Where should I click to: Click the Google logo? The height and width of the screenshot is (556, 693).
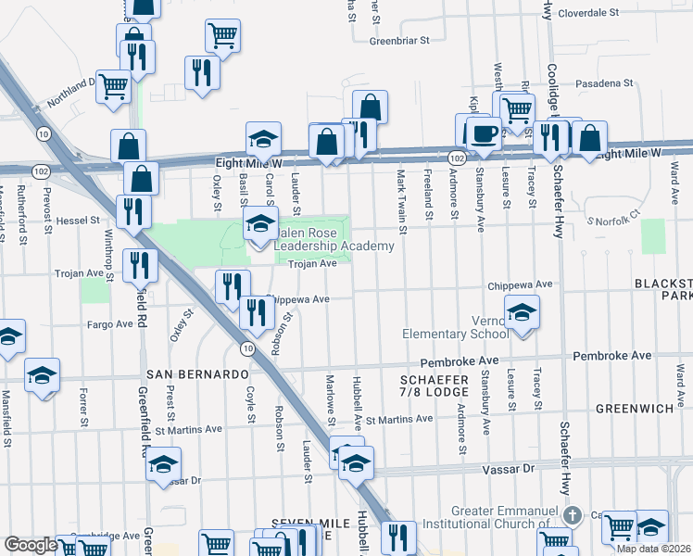tap(31, 545)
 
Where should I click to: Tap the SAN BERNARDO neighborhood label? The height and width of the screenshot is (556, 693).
tap(198, 374)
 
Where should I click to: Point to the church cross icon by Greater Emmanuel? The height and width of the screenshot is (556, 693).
tap(573, 515)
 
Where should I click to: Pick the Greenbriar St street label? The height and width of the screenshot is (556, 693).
tap(400, 41)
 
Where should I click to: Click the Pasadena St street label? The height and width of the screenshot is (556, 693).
tap(600, 83)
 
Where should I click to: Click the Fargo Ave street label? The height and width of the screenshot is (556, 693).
tap(110, 324)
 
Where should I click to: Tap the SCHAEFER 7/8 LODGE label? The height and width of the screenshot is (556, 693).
tap(434, 386)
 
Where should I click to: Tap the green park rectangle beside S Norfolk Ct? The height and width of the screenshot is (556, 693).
tap(652, 236)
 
